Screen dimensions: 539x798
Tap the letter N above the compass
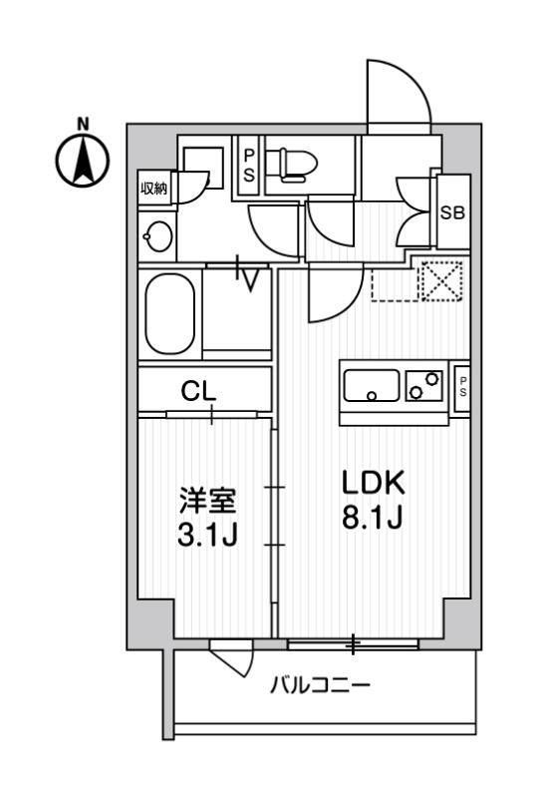83,124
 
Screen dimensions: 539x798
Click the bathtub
169,314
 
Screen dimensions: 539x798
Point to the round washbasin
158,236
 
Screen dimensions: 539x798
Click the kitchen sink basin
372,386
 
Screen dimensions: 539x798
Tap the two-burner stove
423,386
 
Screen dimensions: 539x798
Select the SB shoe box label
452,212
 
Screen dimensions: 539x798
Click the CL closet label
199,391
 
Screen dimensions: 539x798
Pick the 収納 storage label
153,189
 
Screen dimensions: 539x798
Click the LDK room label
374,483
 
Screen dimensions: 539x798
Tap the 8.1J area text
373,519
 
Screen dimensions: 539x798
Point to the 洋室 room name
207,502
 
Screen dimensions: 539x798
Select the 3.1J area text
207,535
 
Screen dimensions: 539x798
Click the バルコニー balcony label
321,685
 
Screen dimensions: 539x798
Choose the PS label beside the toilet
249,166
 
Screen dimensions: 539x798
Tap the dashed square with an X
440,281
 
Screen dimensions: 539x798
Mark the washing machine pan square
203,169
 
